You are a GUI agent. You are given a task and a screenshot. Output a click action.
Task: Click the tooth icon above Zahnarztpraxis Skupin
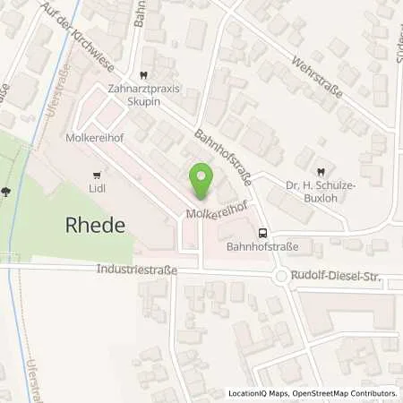(143, 76)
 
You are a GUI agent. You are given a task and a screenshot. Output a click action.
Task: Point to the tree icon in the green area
(7, 190)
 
